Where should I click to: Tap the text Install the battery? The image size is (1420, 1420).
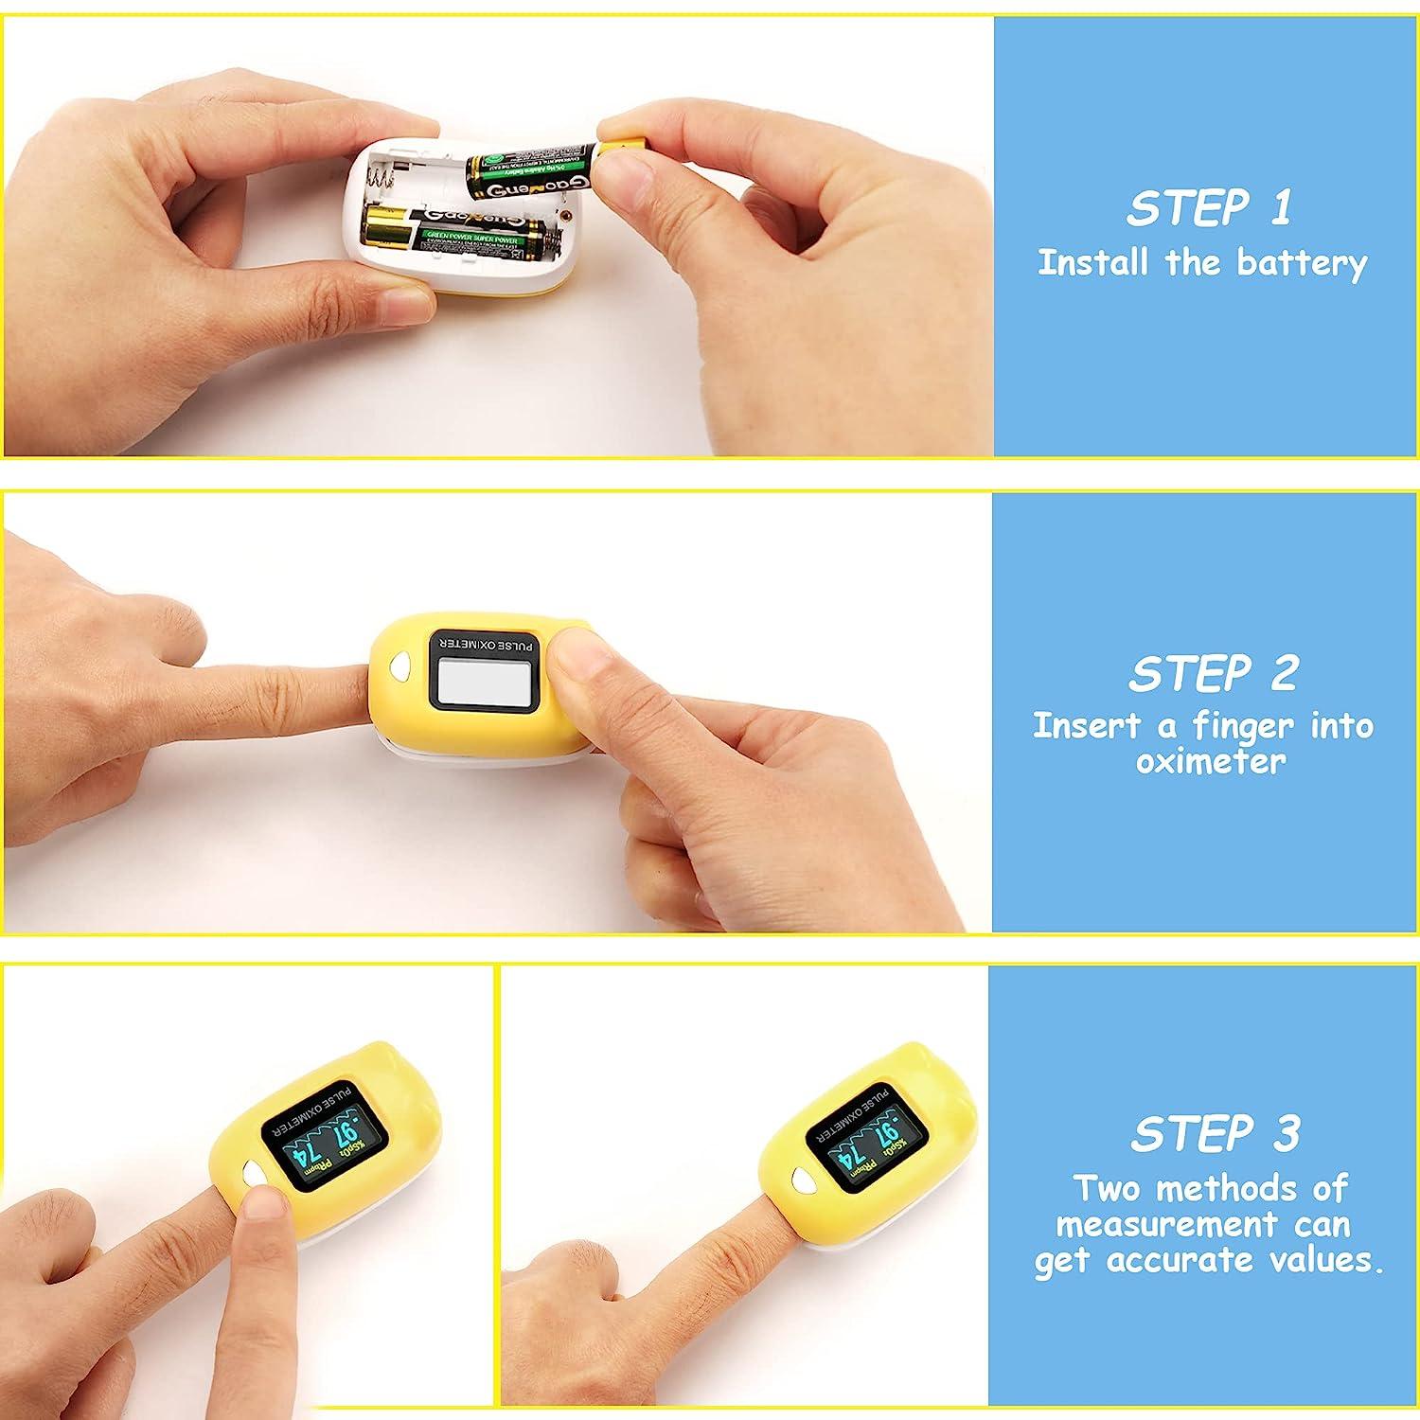[x=1202, y=263]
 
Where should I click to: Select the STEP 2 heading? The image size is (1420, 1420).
[x=1212, y=674]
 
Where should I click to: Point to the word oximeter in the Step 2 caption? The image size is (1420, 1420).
[x=1211, y=762]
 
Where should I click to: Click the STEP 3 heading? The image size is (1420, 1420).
[x=1216, y=1133]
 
